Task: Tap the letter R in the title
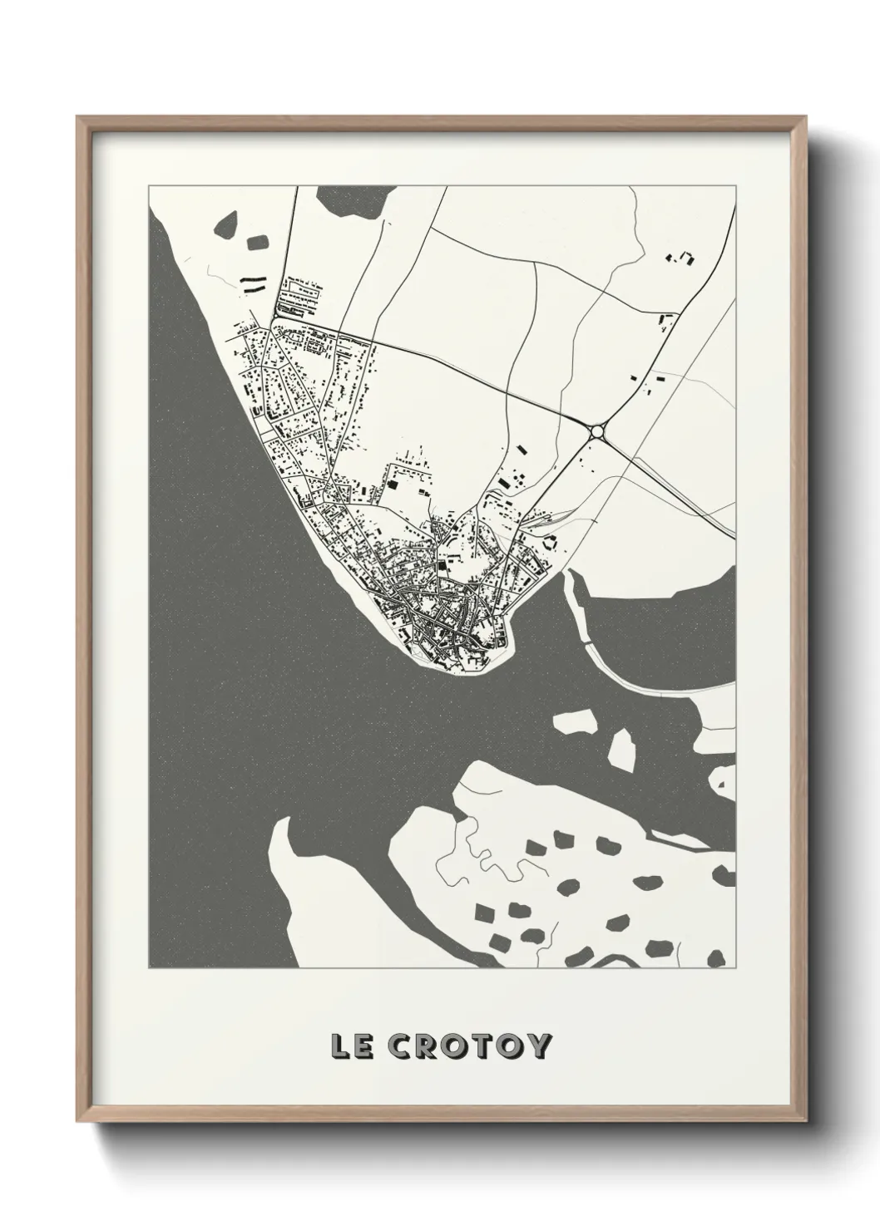tap(427, 1046)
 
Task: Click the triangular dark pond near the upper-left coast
tap(225, 226)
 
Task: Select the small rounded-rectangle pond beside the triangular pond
tap(257, 245)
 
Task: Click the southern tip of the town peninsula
tap(453, 672)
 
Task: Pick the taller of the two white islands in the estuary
tap(621, 747)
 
